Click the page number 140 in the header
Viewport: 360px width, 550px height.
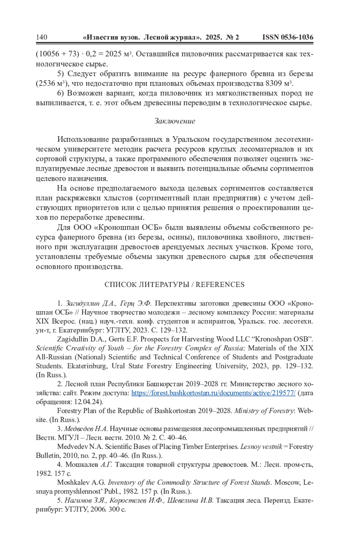point(42,37)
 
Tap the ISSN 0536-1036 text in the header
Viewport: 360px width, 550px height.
point(288,37)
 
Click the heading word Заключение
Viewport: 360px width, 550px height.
point(175,121)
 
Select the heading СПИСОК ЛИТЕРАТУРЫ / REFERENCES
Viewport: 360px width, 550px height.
point(174,284)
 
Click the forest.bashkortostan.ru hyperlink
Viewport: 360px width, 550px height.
point(213,393)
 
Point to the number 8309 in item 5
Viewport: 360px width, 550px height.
point(274,83)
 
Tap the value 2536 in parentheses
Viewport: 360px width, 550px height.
point(47,83)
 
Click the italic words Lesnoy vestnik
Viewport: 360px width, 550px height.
point(261,447)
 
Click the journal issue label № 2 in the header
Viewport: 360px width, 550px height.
point(232,37)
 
